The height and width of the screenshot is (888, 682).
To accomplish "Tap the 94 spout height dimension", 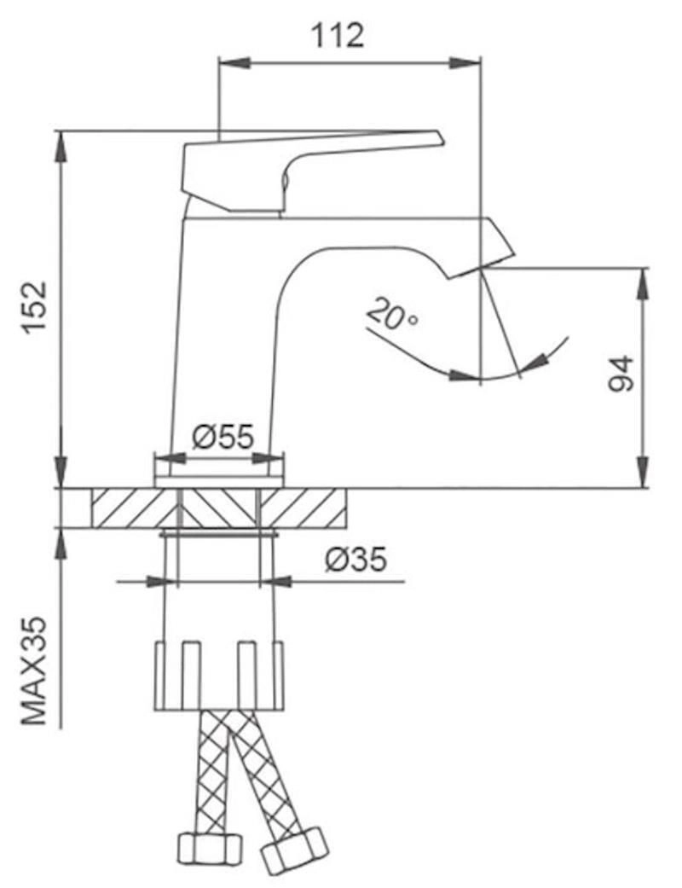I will point(621,373).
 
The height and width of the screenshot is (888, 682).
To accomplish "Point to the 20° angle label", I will point(391,316).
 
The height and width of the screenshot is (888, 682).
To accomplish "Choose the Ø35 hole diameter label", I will point(355,560).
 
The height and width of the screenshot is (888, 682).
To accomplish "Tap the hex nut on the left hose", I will point(210,848).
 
